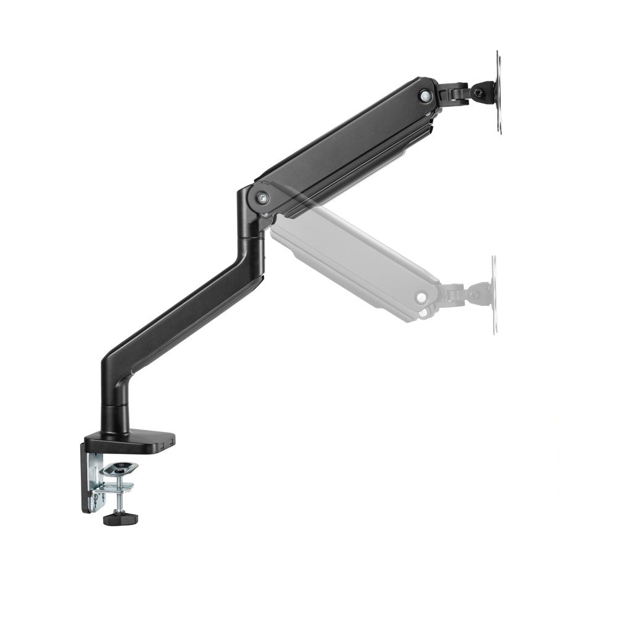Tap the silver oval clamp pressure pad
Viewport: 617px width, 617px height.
[119, 470]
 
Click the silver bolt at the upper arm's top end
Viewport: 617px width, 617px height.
[424, 95]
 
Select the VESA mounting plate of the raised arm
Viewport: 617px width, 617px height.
[499, 93]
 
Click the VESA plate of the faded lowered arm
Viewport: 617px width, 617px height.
[494, 295]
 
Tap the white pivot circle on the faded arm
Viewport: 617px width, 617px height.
[421, 297]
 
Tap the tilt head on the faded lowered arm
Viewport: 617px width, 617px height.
[475, 294]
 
